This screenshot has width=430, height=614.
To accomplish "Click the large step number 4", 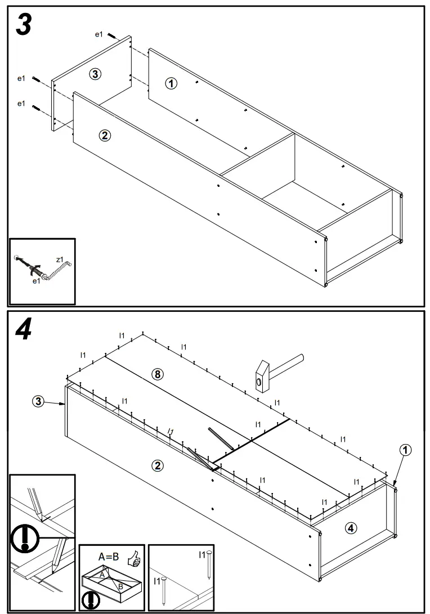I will click(x=23, y=330).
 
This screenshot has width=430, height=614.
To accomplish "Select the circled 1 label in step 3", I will click(x=171, y=83).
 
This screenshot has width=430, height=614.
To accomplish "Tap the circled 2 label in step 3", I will click(x=104, y=135).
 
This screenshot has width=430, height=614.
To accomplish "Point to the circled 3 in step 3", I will click(x=96, y=74).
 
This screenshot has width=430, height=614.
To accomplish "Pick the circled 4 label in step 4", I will click(x=350, y=528).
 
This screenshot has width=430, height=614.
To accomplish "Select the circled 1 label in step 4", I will click(x=405, y=450).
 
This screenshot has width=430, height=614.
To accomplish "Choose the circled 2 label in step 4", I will click(x=158, y=465).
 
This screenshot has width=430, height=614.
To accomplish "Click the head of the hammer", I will click(x=261, y=378).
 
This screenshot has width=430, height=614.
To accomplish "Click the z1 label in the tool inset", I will click(x=60, y=259).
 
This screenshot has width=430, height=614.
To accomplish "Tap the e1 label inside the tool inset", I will click(x=35, y=281).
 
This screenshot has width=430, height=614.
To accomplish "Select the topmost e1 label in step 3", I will click(x=98, y=35).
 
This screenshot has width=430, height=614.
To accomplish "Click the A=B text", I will click(x=108, y=557).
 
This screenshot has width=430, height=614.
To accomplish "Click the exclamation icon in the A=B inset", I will click(x=90, y=600).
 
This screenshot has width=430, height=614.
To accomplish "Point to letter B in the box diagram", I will click(x=120, y=586).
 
